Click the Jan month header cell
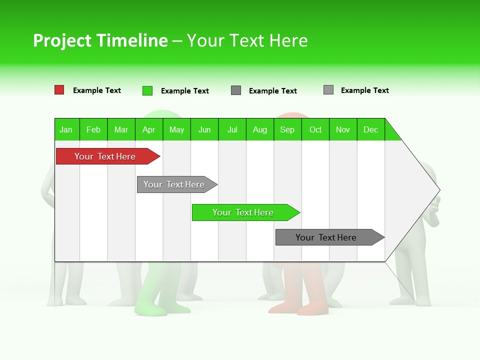66,129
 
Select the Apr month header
148,129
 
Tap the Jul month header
232,129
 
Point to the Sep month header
287,129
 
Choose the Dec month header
370,129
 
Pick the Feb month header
93,129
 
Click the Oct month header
315,129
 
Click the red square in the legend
59,90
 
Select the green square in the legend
147,90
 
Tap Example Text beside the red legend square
97,90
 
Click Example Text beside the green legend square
185,91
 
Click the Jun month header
204,129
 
